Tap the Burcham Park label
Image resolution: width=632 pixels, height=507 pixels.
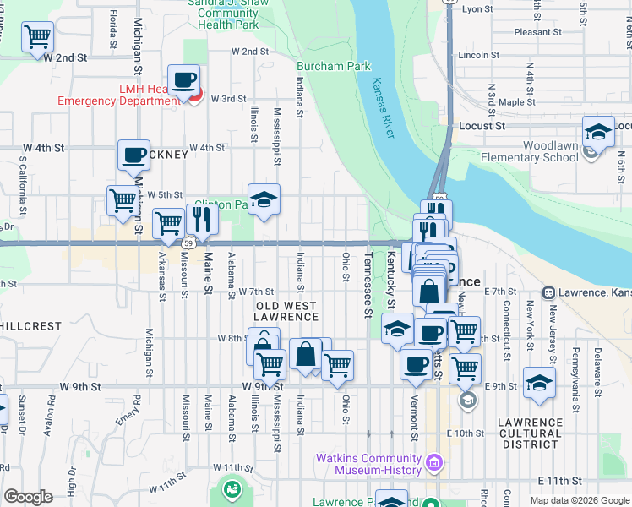coord(333,66)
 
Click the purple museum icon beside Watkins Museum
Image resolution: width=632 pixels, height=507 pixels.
coord(434,463)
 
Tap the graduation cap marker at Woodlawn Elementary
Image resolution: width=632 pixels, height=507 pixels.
coord(598,132)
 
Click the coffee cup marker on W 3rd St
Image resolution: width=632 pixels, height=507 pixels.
coord(183,81)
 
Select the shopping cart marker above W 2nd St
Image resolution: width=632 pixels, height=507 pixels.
coord(38,36)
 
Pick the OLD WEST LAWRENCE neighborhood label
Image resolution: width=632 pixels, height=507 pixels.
coord(287,311)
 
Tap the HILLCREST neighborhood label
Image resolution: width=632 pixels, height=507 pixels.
coord(31,325)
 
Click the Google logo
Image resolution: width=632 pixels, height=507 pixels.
coord(28,497)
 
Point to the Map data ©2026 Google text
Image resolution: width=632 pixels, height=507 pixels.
coord(580,500)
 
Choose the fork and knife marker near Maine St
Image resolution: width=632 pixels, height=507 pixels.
coord(203,219)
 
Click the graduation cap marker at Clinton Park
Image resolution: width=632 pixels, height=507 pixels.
coord(264,200)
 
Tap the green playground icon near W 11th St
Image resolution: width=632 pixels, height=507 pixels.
coord(230,488)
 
